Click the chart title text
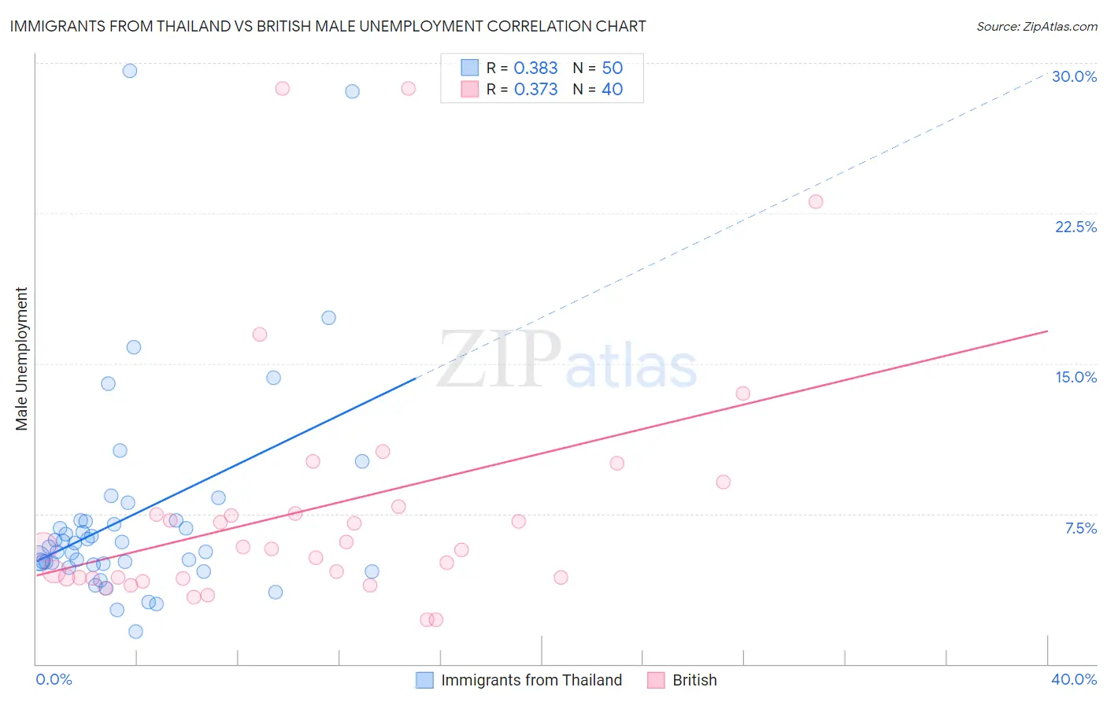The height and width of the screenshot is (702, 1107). (328, 26)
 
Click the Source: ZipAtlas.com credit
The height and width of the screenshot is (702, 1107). (1036, 26)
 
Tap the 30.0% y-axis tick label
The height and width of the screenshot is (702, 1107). (1074, 76)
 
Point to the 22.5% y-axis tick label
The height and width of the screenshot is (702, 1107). (1076, 227)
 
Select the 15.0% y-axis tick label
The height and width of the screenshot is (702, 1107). (1076, 377)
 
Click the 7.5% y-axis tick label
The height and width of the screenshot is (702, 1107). (1080, 528)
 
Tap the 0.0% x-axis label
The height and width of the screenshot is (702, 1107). (54, 679)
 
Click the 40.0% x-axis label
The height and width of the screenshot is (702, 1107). (1073, 679)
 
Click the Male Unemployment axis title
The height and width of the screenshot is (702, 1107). (21, 359)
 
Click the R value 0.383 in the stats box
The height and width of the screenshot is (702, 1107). (535, 68)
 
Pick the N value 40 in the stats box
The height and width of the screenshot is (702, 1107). (612, 90)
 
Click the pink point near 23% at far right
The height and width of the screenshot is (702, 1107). (816, 201)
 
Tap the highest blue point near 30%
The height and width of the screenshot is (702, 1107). (130, 71)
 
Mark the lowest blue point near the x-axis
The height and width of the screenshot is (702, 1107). (135, 631)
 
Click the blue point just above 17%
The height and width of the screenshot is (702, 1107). (328, 318)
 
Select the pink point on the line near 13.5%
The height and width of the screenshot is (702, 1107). (742, 393)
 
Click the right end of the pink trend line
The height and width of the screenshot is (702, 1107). (1047, 331)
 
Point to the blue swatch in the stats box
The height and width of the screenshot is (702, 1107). (470, 68)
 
